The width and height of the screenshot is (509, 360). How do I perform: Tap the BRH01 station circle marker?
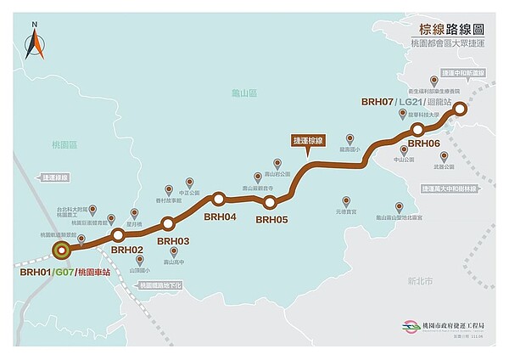click(x=61, y=250)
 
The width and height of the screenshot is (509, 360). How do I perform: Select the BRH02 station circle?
click(x=119, y=234)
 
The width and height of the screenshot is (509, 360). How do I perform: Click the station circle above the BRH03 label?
click(x=167, y=223)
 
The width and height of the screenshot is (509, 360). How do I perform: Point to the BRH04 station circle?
click(x=219, y=200)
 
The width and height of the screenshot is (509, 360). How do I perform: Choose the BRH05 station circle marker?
click(x=270, y=202)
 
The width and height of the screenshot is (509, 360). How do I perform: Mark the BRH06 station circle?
click(x=417, y=129)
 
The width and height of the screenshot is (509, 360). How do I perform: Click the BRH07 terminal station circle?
click(x=459, y=109)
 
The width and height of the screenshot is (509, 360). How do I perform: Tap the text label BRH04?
click(x=220, y=217)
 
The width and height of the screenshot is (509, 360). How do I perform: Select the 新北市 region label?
click(x=419, y=279)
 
